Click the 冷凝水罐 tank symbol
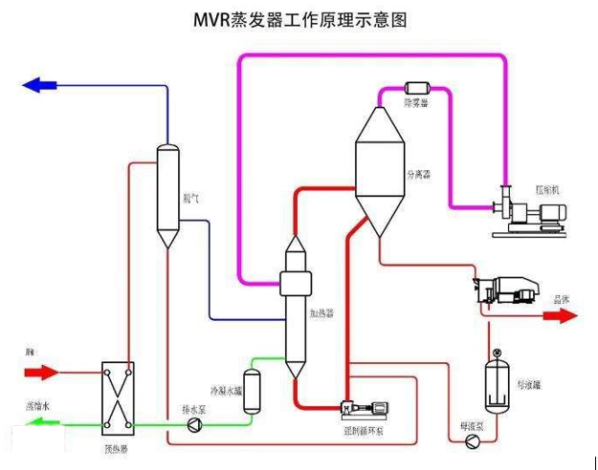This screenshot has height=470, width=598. click(252, 390)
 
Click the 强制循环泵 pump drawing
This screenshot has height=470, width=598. click(367, 410)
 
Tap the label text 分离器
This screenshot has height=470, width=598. click(419, 175)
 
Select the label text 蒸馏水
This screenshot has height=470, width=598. click(37, 406)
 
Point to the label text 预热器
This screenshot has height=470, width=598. click(117, 445)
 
